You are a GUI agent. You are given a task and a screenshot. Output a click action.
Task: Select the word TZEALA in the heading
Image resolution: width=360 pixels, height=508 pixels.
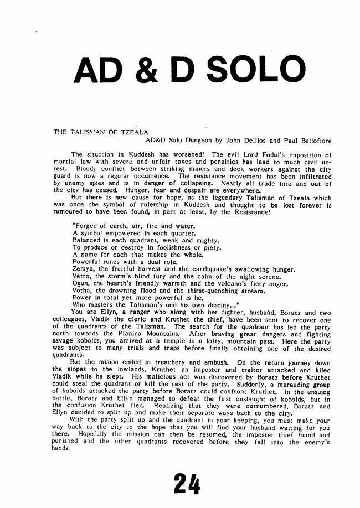131,133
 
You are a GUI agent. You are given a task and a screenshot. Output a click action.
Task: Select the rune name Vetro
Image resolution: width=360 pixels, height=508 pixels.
83,276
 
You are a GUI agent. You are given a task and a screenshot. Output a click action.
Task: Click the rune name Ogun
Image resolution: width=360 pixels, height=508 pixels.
81,283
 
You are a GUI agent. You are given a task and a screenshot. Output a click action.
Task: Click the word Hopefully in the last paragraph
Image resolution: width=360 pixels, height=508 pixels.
88,435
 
